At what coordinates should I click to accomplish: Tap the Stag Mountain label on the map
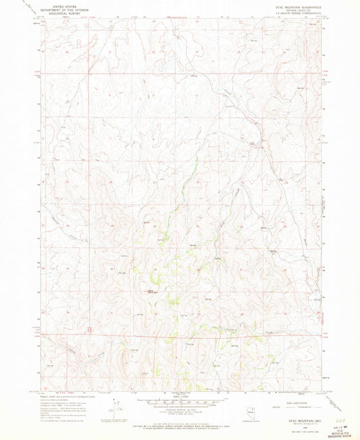144,292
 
